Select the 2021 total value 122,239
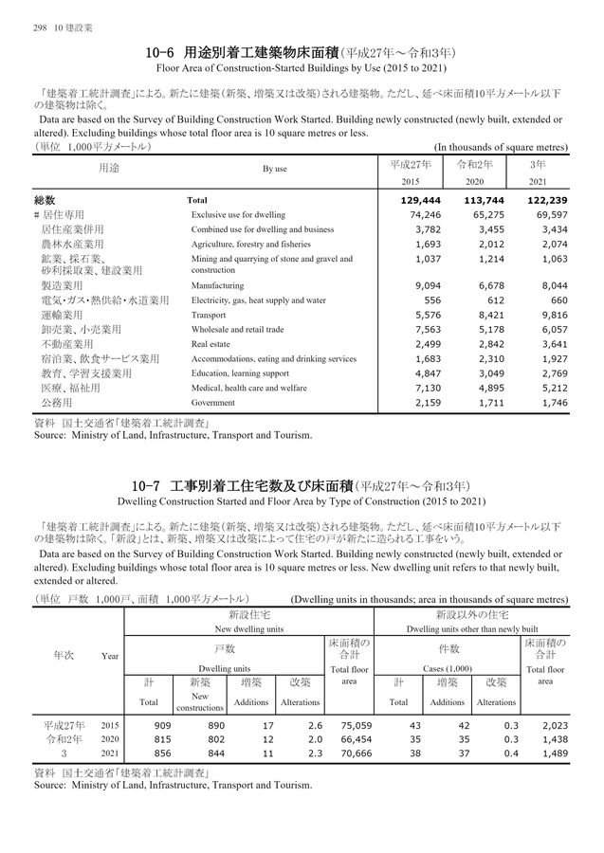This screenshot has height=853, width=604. click(x=542, y=201)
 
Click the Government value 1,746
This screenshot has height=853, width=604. click(x=546, y=403)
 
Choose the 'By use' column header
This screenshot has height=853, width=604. click(x=274, y=169)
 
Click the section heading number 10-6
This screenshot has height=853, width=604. click(x=162, y=54)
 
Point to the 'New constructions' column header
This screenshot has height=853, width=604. click(x=199, y=701)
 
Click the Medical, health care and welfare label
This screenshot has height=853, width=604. click(x=247, y=389)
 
